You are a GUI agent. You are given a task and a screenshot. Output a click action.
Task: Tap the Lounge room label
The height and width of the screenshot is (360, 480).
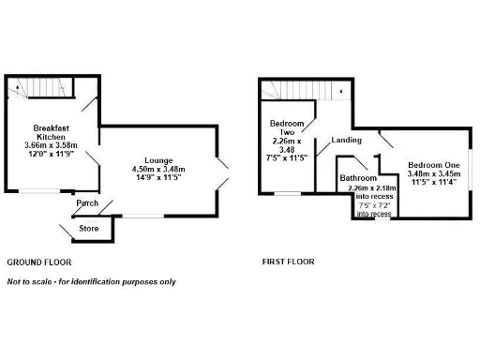click(x=156, y=158)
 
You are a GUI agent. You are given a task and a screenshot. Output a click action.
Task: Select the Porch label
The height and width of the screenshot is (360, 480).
click(x=87, y=203)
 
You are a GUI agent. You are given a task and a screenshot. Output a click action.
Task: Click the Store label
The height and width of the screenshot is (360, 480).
click(x=89, y=226)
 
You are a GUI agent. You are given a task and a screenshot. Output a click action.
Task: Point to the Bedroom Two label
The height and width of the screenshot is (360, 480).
click(x=286, y=129)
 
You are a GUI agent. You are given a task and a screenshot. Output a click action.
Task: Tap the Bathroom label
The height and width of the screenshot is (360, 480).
click(x=358, y=177)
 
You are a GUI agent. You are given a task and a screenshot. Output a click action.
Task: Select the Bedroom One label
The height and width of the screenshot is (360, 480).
click(x=434, y=164)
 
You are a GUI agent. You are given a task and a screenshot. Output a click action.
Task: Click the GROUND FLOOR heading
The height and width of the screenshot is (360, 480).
click(x=38, y=262)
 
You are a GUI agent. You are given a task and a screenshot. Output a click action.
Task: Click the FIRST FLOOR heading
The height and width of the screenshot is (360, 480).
click(x=288, y=262)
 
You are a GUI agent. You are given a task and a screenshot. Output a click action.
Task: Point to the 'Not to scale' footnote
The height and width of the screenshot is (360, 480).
click(x=91, y=281)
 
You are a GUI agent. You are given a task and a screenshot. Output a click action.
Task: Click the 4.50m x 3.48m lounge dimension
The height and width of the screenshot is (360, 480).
click(x=156, y=169)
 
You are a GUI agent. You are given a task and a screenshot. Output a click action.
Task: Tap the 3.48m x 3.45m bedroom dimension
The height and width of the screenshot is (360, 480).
click(x=434, y=174)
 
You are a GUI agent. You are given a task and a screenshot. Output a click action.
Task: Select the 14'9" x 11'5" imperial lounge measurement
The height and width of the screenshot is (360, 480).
click(x=156, y=178)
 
